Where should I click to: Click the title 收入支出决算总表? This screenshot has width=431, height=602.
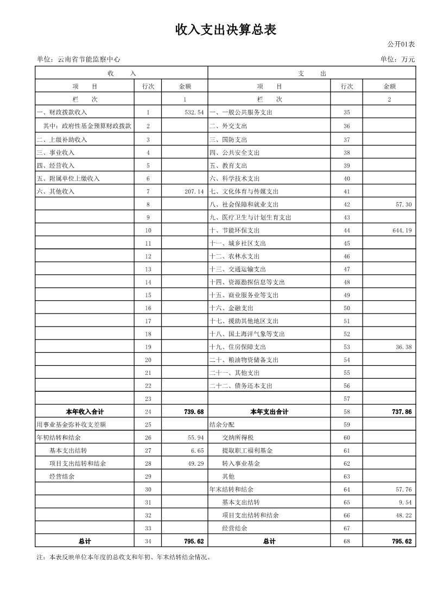pyautogui.click(x=226, y=30)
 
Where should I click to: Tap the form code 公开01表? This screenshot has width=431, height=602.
pyautogui.click(x=401, y=44)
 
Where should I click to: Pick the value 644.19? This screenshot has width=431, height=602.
pyautogui.click(x=402, y=230)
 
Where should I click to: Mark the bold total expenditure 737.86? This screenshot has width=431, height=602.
pyautogui.click(x=401, y=412)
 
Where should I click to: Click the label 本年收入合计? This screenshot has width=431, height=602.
pyautogui.click(x=84, y=412)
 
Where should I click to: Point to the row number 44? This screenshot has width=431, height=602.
pyautogui.click(x=347, y=230)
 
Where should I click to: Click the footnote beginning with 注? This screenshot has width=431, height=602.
pyautogui.click(x=123, y=557)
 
